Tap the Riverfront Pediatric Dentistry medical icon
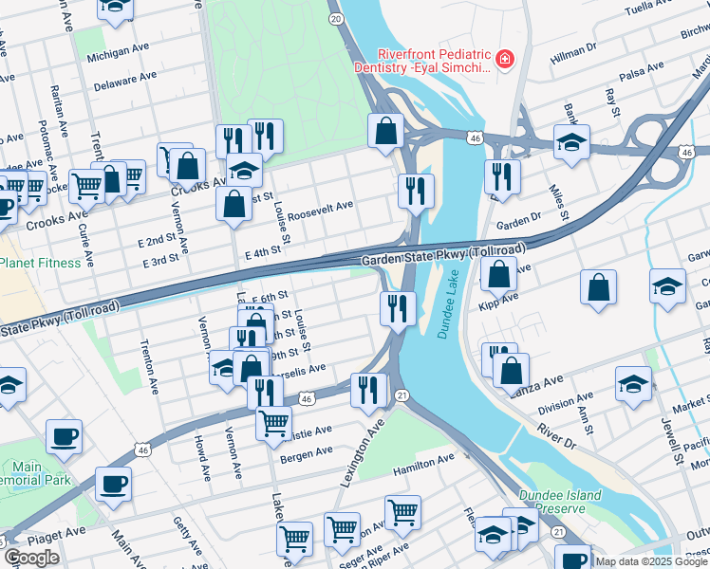tap(503, 62)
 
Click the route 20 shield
tap(335, 18)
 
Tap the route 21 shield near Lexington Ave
tap(402, 394)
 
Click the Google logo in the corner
tap(31, 558)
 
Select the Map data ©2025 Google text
tap(650, 561)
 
